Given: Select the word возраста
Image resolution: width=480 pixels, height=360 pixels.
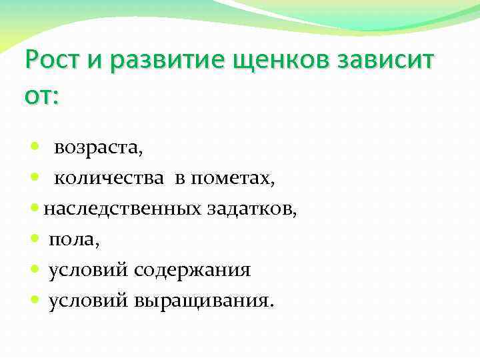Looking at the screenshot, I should (x=98, y=148).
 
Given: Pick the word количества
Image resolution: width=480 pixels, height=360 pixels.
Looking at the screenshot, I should (x=109, y=179).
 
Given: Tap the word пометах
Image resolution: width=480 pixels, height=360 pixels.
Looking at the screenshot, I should (x=233, y=179).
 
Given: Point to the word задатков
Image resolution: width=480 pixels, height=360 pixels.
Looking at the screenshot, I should (x=253, y=209).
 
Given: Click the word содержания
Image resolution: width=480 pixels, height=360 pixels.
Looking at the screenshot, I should (x=192, y=270).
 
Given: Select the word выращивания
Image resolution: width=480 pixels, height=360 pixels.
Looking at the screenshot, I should (x=203, y=301).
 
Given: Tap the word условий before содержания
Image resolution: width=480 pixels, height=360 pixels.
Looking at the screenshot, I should (x=88, y=270).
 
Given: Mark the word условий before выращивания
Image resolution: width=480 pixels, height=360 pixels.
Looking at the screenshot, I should (x=88, y=301).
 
